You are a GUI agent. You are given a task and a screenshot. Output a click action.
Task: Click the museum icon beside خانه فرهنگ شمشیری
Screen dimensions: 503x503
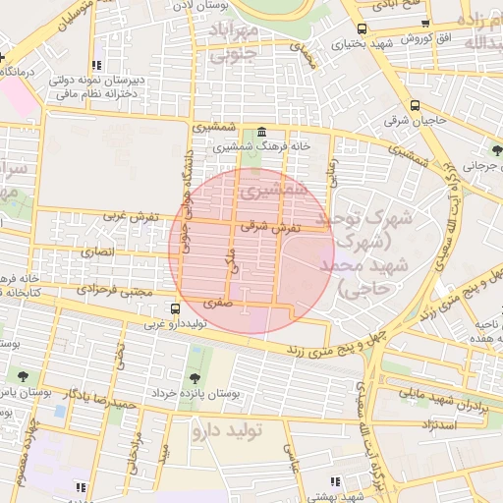(260, 133)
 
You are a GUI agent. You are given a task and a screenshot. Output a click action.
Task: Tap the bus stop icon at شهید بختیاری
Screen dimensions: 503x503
(362, 28)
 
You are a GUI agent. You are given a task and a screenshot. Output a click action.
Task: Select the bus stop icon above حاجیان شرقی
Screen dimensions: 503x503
(415, 106)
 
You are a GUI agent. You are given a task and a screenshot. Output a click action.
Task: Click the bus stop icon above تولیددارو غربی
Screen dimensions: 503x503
(176, 308)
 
